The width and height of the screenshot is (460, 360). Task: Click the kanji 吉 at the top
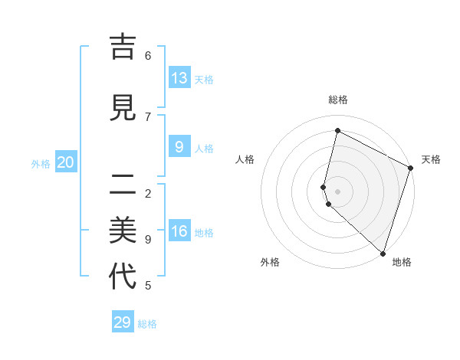(x=123, y=47)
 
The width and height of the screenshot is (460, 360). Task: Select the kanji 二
(x=123, y=184)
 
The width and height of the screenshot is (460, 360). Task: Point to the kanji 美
(x=123, y=229)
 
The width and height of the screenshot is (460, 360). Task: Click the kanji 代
(x=123, y=276)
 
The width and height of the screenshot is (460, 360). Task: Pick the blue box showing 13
(x=179, y=77)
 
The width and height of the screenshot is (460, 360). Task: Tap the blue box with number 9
(x=179, y=146)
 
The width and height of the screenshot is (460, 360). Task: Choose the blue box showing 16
(x=179, y=231)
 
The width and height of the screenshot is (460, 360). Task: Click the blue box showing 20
(x=66, y=162)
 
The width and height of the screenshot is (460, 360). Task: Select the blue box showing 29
(x=123, y=322)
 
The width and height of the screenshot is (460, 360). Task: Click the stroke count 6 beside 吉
(x=148, y=55)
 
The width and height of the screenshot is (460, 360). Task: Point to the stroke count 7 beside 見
(x=148, y=116)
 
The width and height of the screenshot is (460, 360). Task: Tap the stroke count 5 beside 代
(x=148, y=286)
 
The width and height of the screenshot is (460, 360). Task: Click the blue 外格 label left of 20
(x=41, y=163)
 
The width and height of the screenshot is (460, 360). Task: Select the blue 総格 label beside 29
(x=148, y=324)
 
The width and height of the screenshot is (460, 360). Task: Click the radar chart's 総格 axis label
(x=337, y=100)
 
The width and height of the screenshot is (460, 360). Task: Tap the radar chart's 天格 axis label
(x=431, y=159)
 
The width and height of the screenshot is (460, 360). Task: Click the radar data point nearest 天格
(x=410, y=169)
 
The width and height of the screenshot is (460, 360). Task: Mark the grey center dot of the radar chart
(x=337, y=191)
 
